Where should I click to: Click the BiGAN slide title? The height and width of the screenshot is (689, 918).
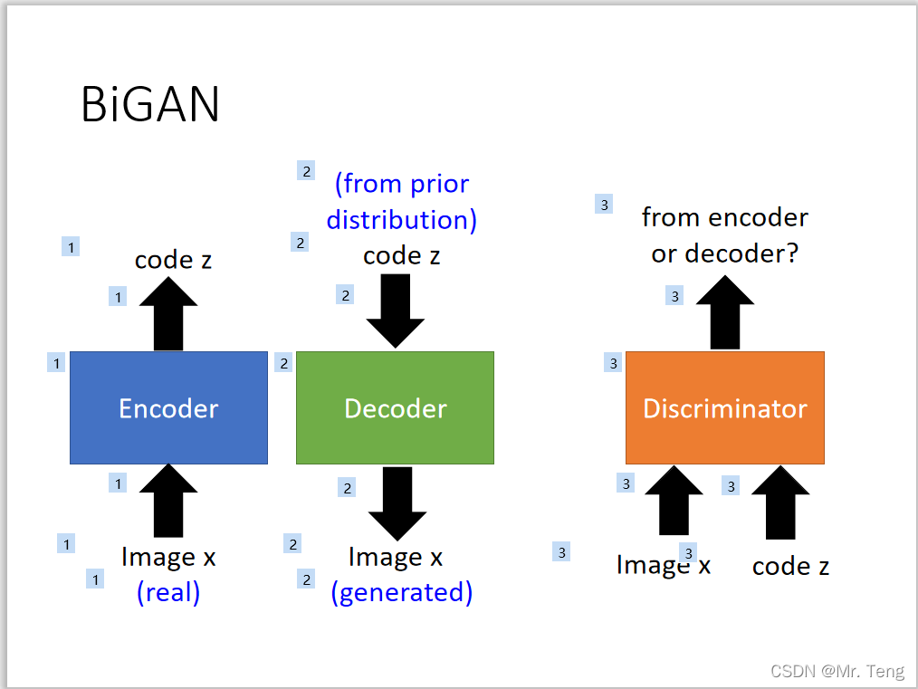[x=150, y=104]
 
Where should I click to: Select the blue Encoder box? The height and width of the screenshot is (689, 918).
[x=168, y=407]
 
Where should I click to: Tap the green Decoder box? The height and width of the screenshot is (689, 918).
[x=396, y=407]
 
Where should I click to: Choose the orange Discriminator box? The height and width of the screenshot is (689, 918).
[x=725, y=407]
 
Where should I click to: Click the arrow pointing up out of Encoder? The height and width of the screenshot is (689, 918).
[x=168, y=314]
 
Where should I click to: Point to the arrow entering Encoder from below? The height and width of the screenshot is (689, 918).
[x=168, y=501]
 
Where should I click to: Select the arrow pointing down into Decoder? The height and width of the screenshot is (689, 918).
[x=396, y=311]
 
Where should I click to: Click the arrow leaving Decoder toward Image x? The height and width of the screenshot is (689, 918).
[x=397, y=503]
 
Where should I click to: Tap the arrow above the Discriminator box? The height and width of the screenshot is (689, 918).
[x=725, y=312]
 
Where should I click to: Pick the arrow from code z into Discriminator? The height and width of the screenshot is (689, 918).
[x=780, y=502]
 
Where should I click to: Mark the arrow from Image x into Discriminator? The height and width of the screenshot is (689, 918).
[x=674, y=501]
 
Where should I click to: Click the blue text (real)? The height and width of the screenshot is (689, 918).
[x=168, y=592]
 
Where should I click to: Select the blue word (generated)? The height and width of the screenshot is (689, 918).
[x=402, y=592]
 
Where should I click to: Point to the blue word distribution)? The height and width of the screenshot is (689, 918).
[x=402, y=220]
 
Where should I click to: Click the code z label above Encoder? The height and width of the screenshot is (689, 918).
[x=173, y=260]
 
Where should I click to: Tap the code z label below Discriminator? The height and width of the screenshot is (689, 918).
[x=791, y=566]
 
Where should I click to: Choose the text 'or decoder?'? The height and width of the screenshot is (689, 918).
[x=725, y=254]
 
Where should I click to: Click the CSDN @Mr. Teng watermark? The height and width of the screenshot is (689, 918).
[x=837, y=671]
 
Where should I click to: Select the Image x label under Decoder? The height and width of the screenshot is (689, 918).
[x=396, y=558]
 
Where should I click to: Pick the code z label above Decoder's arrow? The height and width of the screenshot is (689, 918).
[x=402, y=256]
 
